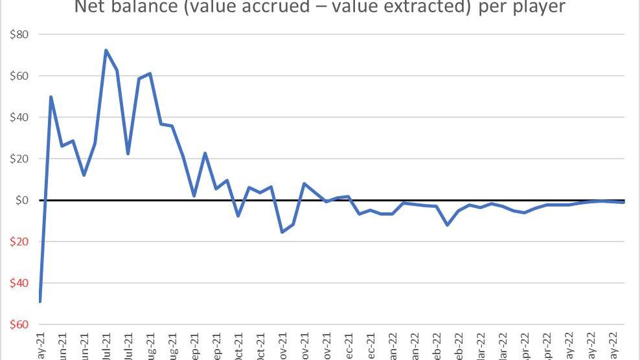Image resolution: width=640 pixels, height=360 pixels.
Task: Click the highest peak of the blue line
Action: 106,50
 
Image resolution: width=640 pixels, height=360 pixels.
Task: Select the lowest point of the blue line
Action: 40,302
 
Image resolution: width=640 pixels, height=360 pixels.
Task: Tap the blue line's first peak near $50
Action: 51,97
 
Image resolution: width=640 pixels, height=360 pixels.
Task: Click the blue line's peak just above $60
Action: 150,73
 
